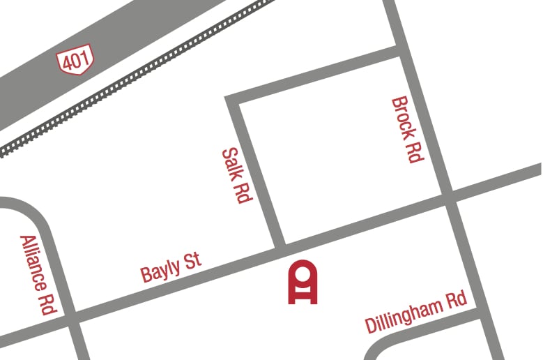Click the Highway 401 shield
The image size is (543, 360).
pyautogui.click(x=75, y=61)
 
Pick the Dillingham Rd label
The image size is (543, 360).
pyautogui.click(x=415, y=313)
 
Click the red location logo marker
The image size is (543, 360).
pyautogui.click(x=303, y=283)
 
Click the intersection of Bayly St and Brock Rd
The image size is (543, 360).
pyautogui.click(x=449, y=198)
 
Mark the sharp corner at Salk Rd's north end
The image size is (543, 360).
pyautogui.click(x=232, y=98)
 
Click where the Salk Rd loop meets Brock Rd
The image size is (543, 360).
pyautogui.click(x=398, y=51)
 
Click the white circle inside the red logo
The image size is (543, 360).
pyautogui.click(x=303, y=273)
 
